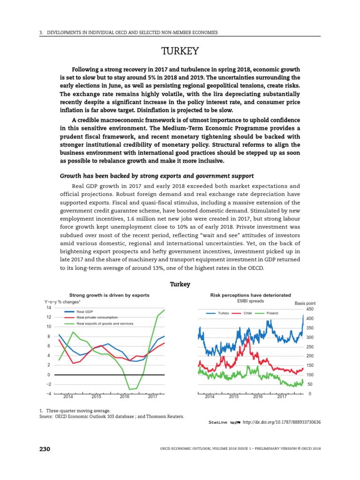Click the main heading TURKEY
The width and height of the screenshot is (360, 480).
tap(180, 51)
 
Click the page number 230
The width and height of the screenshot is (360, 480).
tap(45, 449)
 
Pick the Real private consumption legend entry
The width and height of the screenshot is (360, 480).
tap(97, 317)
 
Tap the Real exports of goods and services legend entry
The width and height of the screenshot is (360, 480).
tap(105, 323)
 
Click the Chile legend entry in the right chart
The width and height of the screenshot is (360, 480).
tap(248, 313)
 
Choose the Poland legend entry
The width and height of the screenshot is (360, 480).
tap(272, 313)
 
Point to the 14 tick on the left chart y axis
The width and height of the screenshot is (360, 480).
tap(48, 308)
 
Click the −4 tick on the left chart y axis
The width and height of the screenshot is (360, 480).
tap(48, 393)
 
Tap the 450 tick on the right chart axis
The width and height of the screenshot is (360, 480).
tap(309, 309)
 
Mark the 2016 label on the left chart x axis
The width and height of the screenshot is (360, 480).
tap(125, 397)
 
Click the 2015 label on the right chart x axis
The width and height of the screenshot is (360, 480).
tap(233, 397)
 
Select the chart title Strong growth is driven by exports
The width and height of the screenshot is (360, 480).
tap(109, 295)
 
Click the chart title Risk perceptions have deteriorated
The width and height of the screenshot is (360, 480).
tap(251, 295)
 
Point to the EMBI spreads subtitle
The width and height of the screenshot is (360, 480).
tap(251, 301)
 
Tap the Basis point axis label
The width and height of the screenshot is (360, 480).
tap(305, 303)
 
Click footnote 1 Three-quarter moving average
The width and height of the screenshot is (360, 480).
tap(75, 411)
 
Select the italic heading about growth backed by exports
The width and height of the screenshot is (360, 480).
tap(157, 176)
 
